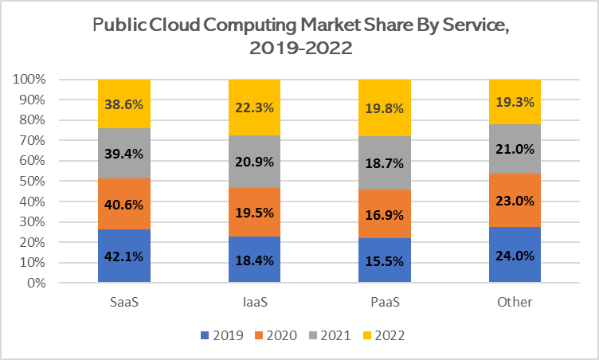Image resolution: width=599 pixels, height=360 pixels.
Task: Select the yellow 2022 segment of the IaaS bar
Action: pyautogui.click(x=255, y=108)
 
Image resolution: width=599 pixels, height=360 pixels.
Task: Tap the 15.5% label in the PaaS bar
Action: pyautogui.click(x=385, y=260)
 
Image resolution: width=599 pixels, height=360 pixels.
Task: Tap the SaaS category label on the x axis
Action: pyautogui.click(x=124, y=303)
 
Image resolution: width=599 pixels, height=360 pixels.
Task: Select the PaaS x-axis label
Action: pyautogui.click(x=385, y=303)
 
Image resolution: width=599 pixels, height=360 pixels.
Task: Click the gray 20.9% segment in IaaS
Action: pyautogui.click(x=255, y=162)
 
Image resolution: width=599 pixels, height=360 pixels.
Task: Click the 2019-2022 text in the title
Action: pyautogui.click(x=299, y=49)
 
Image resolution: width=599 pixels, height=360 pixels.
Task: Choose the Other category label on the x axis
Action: pyautogui.click(x=515, y=303)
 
